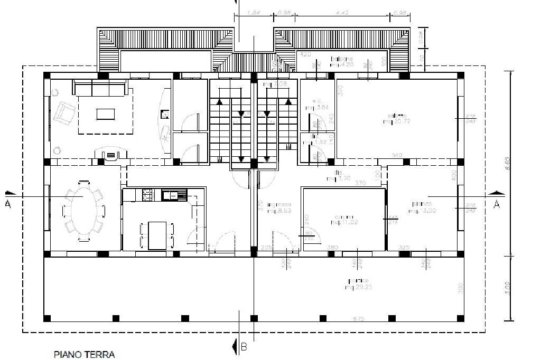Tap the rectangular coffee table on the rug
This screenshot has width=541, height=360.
point(105,113)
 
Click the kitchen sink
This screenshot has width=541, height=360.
point(174,195)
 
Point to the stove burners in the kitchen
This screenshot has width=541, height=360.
point(146,195)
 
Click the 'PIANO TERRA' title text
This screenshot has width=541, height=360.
point(84,354)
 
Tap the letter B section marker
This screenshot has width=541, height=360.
point(244,347)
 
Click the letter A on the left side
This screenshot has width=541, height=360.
point(8,205)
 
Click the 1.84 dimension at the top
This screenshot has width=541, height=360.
point(254,13)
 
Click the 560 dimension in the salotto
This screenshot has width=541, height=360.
point(397,155)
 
